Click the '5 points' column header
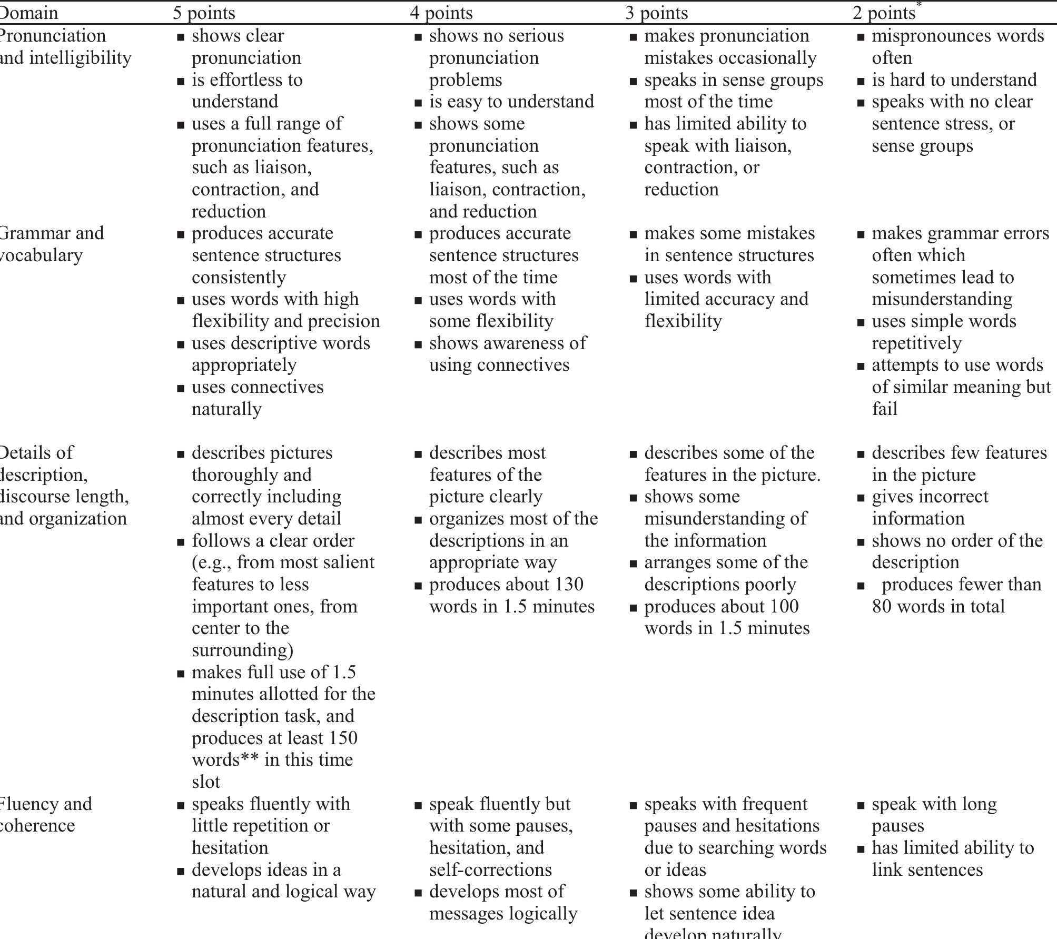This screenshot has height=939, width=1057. [204, 13]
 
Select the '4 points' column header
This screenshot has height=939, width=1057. [441, 13]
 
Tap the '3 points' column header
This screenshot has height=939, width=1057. [656, 13]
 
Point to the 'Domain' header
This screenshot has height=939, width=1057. [29, 13]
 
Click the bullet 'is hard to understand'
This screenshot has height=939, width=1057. [954, 80]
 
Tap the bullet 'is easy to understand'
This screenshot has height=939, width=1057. [511, 101]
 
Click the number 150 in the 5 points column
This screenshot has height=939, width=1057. [343, 738]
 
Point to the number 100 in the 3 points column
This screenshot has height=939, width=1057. [784, 606]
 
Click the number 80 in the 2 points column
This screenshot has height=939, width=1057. [882, 606]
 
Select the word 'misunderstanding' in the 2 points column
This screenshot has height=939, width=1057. [942, 299]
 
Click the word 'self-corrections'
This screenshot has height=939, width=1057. [490, 869]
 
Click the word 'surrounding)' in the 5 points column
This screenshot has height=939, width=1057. [242, 650]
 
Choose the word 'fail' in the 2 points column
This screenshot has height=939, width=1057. [884, 409]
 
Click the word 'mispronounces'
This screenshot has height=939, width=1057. [927, 36]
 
